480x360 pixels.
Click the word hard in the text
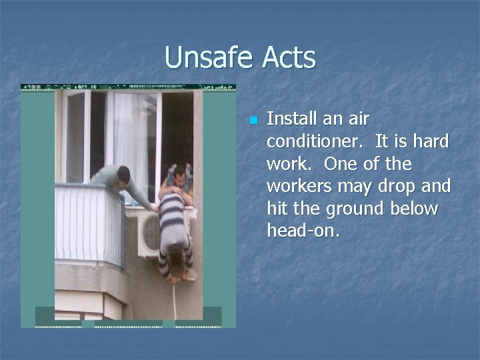(x=429, y=142)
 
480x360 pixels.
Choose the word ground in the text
(x=360, y=209)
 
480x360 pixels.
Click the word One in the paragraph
(x=393, y=164)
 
